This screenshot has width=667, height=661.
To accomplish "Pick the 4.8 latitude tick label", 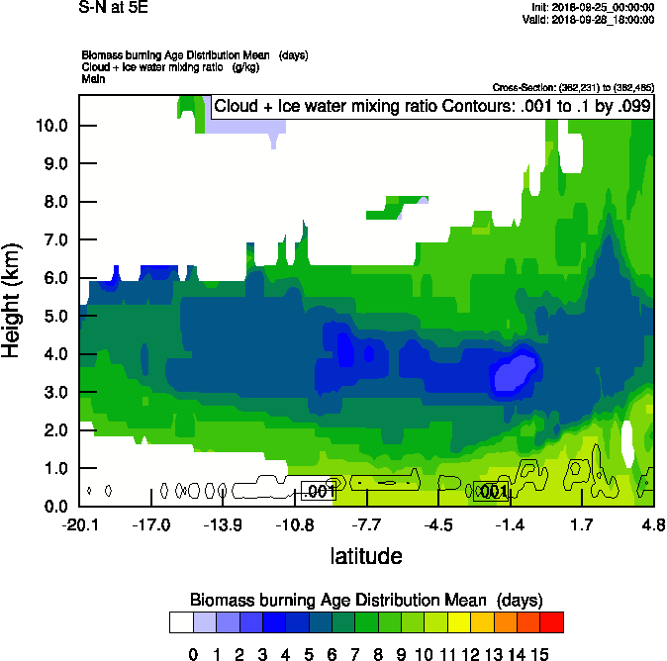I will pos(652,523).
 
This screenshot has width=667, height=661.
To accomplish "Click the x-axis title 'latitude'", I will pos(366,556).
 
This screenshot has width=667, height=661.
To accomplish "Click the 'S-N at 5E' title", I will pos(112,7).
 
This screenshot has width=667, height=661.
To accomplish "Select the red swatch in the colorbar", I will pos(552,621).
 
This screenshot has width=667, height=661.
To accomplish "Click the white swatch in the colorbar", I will pos(181,621).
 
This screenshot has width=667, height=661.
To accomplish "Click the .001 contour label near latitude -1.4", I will pos(492,491).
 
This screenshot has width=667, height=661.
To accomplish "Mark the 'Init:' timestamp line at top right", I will pos(593,7).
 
